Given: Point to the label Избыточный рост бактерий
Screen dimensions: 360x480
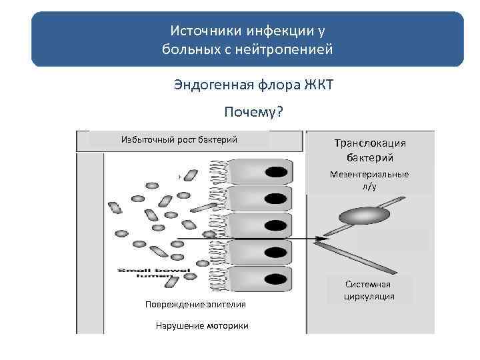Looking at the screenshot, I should [179, 139].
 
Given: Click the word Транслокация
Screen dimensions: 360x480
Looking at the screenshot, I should [370, 143].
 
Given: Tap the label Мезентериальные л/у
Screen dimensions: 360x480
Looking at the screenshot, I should [370, 181].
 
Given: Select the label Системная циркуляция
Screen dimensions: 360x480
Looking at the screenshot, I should [369, 290].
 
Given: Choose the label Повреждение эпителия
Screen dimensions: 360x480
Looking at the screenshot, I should [195, 305].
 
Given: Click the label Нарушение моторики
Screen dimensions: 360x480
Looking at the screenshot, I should [202, 326].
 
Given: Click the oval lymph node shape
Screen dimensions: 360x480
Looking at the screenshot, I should [364, 215].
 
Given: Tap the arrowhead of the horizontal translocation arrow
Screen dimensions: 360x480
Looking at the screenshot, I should [322, 238].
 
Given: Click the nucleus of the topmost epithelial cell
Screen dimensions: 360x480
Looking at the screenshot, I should [275, 173].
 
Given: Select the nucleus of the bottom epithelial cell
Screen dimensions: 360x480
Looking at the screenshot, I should [275, 277].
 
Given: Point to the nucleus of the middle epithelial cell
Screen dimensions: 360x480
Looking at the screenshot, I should [275, 225].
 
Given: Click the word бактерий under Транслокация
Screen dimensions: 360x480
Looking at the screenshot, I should [370, 158].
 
